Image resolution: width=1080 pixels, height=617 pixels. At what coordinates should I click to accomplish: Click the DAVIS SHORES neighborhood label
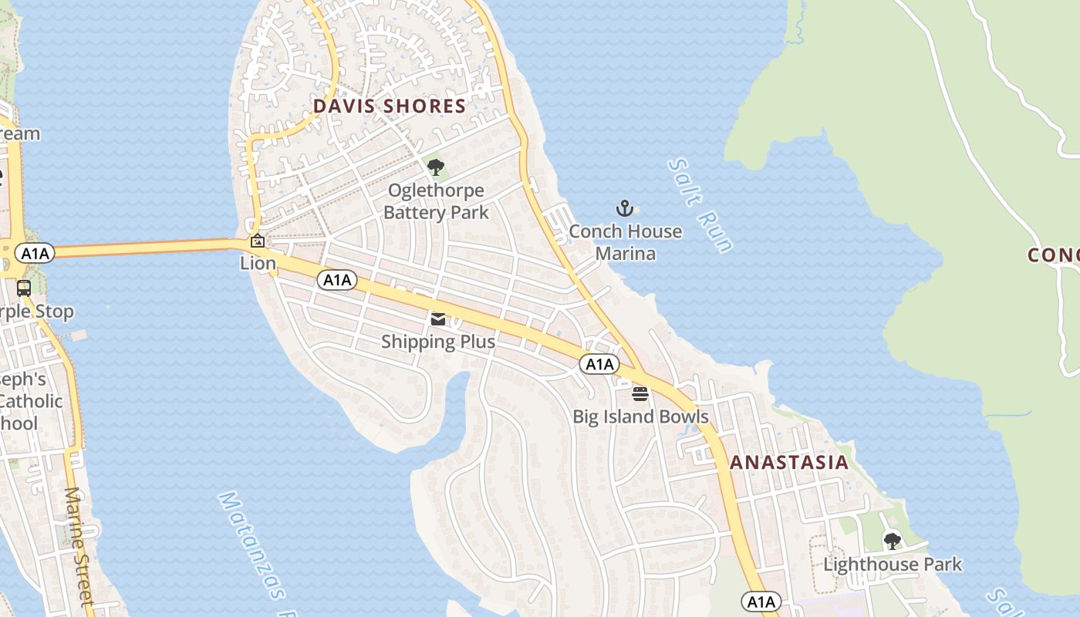389,106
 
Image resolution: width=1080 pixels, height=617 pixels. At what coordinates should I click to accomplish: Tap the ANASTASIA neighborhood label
788,462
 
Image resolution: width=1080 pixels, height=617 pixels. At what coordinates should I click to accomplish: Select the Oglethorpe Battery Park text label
436,201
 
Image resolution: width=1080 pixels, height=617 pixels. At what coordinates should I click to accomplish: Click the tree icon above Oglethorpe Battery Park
436,167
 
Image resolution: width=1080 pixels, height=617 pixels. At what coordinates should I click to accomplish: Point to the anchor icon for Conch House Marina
625,208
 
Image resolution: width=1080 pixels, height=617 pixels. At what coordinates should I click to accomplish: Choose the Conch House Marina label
626,242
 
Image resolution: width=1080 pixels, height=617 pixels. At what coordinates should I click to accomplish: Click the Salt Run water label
700,205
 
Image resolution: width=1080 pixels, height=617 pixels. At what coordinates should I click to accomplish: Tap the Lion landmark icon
258,241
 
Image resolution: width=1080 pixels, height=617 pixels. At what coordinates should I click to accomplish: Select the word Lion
258,264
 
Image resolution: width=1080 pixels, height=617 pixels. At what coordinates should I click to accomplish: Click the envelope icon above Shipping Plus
438,319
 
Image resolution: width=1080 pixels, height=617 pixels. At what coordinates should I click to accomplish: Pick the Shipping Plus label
438,341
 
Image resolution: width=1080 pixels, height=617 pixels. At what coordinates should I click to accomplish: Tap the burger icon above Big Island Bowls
640,394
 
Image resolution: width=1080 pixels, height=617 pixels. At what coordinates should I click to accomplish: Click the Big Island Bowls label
640,416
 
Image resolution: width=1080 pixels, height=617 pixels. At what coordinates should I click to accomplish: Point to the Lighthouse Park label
893,565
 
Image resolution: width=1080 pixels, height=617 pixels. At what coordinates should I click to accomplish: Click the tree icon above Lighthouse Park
893,541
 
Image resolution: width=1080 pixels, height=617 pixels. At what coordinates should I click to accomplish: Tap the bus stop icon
24,288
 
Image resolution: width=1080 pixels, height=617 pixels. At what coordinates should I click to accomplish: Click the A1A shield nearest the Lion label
337,280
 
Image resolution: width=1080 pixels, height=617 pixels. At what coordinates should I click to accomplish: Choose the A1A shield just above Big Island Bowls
599,364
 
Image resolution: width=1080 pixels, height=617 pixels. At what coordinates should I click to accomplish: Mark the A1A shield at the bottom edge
761,601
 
